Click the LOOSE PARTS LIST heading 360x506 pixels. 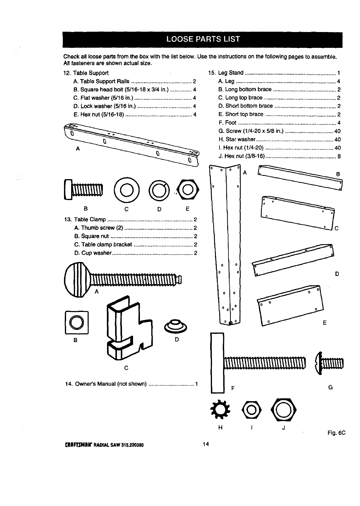coord(203,39)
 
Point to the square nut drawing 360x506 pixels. coord(77,322)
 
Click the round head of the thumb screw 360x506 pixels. coord(77,280)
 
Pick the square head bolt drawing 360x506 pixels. coord(83,189)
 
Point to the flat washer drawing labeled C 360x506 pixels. coord(126,189)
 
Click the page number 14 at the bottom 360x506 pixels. coord(205,444)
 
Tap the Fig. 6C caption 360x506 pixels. coord(336,433)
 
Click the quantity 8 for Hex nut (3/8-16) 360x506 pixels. coord(339,156)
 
